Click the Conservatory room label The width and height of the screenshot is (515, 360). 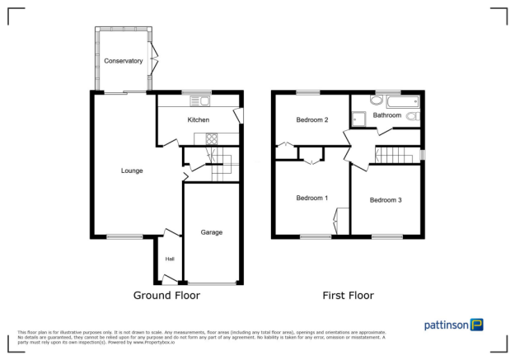pyautogui.click(x=124, y=61)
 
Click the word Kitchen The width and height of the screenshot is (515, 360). pyautogui.click(x=199, y=120)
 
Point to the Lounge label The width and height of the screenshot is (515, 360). pyautogui.click(x=132, y=171)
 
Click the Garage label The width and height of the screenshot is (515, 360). pyautogui.click(x=212, y=232)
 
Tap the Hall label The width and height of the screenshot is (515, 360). pyautogui.click(x=170, y=259)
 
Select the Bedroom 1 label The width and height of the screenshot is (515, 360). pyautogui.click(x=312, y=198)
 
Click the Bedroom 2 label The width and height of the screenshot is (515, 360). pyautogui.click(x=312, y=120)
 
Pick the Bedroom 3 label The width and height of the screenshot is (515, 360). pyautogui.click(x=386, y=200)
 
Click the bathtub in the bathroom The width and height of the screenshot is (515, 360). pyautogui.click(x=401, y=102)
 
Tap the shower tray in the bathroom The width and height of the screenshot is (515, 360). pyautogui.click(x=359, y=118)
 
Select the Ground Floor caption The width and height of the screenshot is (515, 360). pyautogui.click(x=166, y=295)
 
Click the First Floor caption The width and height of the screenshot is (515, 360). pyautogui.click(x=349, y=295)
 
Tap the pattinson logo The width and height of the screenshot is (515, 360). pyautogui.click(x=453, y=325)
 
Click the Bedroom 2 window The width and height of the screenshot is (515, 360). pyautogui.click(x=308, y=91)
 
